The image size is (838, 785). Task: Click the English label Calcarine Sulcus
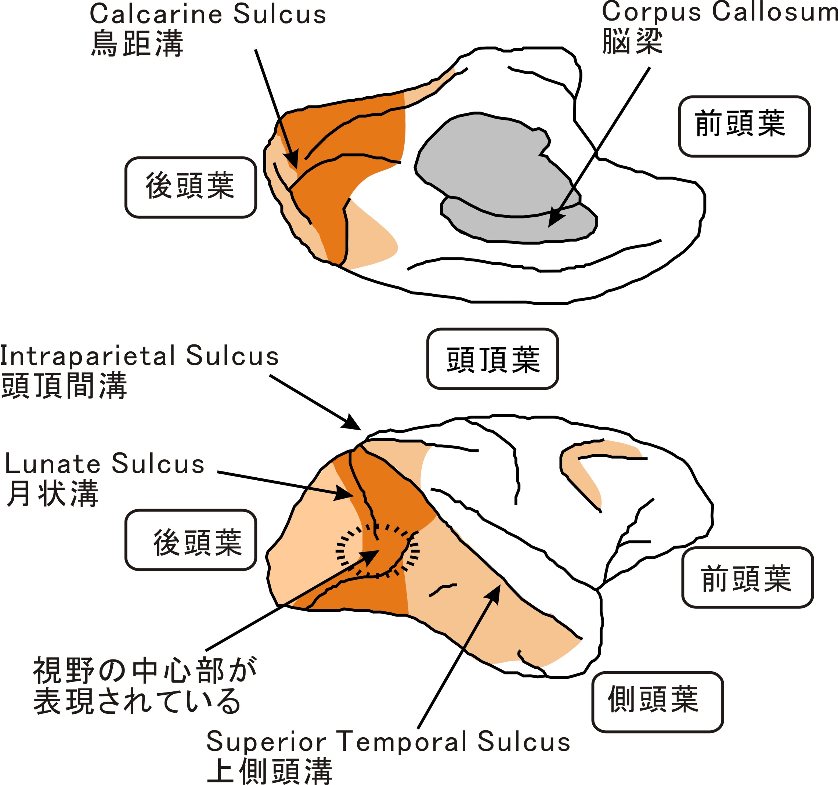click(x=208, y=14)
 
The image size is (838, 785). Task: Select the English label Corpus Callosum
click(x=719, y=12)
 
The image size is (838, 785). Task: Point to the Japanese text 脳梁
click(x=632, y=41)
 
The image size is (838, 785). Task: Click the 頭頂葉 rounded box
click(x=492, y=359)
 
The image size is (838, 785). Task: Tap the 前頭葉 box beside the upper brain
click(x=744, y=126)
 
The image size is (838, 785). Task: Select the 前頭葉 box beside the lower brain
click(x=747, y=577)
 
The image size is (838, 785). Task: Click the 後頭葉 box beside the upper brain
click(x=191, y=187)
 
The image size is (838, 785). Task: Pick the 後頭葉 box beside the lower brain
click(x=191, y=540)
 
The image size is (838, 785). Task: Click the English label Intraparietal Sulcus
click(x=139, y=356)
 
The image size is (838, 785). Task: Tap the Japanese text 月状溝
click(x=53, y=493)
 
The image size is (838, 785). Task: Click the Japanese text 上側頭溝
click(x=270, y=771)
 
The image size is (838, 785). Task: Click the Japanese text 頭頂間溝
click(x=64, y=385)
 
